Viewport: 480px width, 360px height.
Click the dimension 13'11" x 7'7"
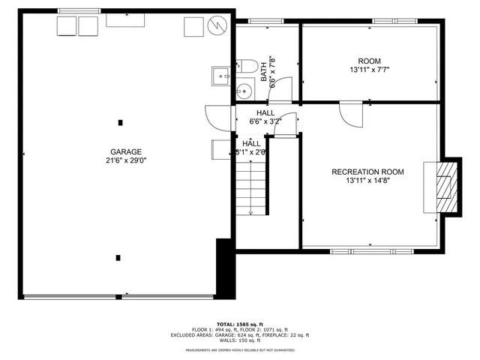tap(370, 70)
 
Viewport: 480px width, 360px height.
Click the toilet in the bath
tap(244, 68)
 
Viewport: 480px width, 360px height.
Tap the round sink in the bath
tap(241, 92)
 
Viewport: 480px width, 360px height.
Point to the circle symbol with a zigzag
tap(215, 25)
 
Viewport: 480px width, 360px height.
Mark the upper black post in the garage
tap(119, 121)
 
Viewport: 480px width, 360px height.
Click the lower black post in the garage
tap(118, 258)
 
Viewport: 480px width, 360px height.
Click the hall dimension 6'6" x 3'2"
tap(265, 121)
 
